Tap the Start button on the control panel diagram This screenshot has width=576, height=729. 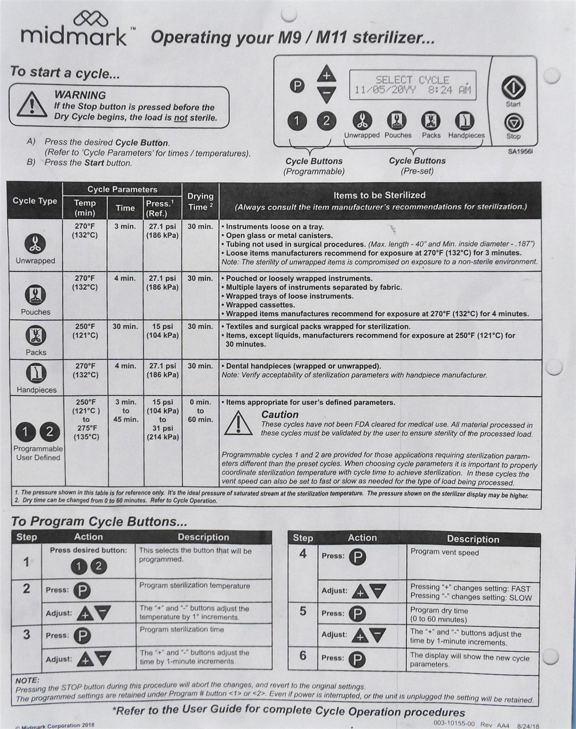click(514, 87)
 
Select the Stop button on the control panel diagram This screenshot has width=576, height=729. click(514, 122)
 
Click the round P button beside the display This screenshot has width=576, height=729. click(297, 86)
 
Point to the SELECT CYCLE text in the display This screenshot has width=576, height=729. click(412, 80)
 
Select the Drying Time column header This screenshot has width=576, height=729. click(200, 201)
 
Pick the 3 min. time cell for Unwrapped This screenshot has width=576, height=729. click(125, 226)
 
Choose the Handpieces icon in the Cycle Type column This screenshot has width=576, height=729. click(36, 374)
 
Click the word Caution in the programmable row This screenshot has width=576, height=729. click(280, 415)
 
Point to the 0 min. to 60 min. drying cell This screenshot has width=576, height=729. click(200, 411)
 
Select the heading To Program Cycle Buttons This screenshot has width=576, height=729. click(99, 521)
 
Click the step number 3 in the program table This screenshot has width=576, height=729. click(26, 635)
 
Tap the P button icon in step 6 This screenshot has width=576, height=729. click(357, 659)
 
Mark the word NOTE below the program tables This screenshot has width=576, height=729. click(27, 680)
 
